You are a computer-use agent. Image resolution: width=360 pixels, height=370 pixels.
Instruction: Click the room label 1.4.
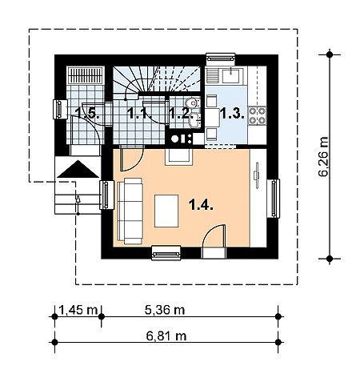coord(201,205)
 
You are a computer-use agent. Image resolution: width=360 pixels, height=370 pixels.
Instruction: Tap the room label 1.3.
coord(232,114)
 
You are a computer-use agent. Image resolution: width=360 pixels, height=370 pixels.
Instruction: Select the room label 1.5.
coord(88,113)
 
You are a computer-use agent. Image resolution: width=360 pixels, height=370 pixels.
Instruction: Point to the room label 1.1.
coord(140,114)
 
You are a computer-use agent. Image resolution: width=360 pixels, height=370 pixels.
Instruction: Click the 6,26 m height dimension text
coord(323,157)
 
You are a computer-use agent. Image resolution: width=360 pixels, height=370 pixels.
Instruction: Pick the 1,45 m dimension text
coord(78,310)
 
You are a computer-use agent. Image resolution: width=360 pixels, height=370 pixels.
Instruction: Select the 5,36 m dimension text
coord(165,310)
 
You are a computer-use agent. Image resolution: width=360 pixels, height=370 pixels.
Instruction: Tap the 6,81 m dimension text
coord(166,336)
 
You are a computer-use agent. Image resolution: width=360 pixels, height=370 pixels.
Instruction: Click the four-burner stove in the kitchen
coord(258,115)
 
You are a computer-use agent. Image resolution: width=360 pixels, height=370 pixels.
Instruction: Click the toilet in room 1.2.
coord(191,103)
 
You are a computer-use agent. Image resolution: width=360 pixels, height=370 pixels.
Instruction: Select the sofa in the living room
coord(130,211)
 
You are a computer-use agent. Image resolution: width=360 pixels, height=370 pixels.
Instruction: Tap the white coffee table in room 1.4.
coord(166,211)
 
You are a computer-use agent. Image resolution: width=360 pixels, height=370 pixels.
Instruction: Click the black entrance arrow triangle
coord(78,169)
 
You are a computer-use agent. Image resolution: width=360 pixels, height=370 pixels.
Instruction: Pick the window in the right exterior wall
coord(273,199)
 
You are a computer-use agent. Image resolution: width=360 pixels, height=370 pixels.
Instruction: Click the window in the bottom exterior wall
coord(166,253)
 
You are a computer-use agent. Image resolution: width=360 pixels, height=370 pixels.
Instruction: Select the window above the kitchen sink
coord(221,59)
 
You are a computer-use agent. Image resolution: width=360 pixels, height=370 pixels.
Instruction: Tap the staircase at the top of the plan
coord(157,79)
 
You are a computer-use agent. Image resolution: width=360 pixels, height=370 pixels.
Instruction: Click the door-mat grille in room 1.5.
coord(86,75)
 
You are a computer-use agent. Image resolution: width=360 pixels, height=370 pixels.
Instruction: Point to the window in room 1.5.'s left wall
coord(60,109)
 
